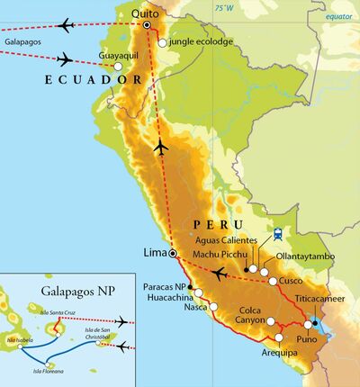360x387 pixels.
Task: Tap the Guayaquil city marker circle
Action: [x=117, y=66]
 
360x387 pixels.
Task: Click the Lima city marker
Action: [x=173, y=255]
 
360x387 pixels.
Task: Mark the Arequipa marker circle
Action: [x=279, y=338]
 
